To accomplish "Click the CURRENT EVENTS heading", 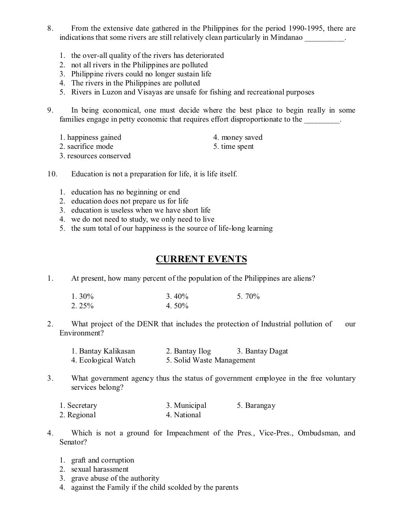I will click(x=201, y=259).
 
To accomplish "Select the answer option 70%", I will click(x=248, y=296).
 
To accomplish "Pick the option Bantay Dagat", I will click(x=263, y=351).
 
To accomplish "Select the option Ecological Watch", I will click(x=103, y=360).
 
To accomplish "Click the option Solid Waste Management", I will click(x=211, y=360).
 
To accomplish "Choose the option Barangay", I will click(x=256, y=405).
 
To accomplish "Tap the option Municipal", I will click(x=186, y=405).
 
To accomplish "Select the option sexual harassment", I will click(x=100, y=469).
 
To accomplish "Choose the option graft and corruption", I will click(x=102, y=460).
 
